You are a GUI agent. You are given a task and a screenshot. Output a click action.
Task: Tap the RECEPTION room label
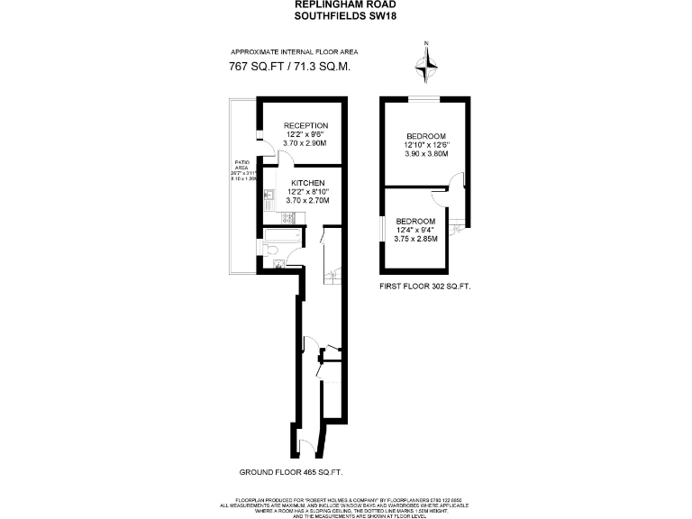pyautogui.click(x=305, y=125)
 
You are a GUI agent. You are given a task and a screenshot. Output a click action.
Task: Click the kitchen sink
pyautogui.click(x=269, y=196)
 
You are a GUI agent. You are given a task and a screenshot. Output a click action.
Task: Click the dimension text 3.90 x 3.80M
pyautogui.click(x=426, y=153)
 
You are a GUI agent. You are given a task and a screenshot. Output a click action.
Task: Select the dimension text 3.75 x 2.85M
pyautogui.click(x=415, y=239)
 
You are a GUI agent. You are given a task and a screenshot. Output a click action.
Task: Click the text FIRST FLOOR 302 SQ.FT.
pyautogui.click(x=426, y=285)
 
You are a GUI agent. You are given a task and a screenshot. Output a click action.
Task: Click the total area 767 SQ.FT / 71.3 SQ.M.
pyautogui.click(x=290, y=68)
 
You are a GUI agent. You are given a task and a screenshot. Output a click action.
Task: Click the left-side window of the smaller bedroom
pyautogui.click(x=383, y=230)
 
